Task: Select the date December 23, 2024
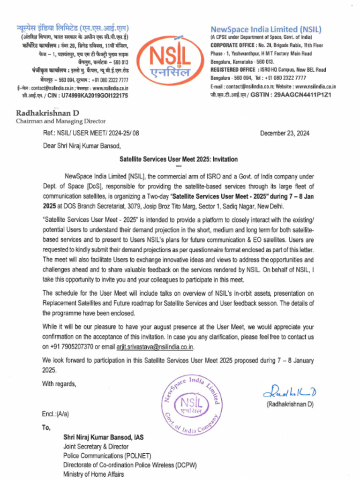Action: tap(285, 133)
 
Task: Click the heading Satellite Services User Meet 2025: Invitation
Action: tap(178, 159)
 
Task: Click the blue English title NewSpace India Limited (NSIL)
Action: tap(266, 29)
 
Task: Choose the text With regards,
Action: tap(59, 384)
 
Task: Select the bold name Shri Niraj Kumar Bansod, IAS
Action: tap(104, 437)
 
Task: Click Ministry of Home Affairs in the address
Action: tap(94, 474)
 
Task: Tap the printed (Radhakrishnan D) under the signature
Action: tap(290, 404)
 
